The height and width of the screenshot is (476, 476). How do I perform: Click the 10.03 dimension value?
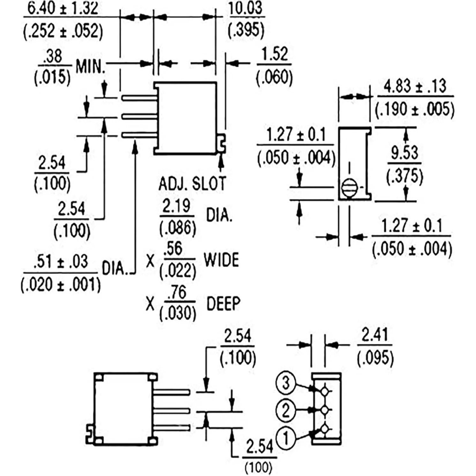pos(246,9)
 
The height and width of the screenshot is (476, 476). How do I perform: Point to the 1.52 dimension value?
pos(274,54)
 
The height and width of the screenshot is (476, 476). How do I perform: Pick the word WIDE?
pos(221,260)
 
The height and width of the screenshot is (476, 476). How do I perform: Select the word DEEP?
pos(223,303)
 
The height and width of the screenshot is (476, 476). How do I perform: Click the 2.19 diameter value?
pos(177,206)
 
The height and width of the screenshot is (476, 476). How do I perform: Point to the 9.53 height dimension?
pos(405,153)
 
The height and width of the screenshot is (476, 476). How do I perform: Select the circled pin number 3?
pos(286,383)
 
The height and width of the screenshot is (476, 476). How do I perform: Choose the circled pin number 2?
pos(286,410)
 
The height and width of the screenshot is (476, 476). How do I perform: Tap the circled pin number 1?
pos(286,438)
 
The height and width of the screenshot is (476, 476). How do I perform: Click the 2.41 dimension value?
pos(375,335)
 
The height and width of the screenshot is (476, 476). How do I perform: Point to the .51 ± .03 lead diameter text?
pos(60,262)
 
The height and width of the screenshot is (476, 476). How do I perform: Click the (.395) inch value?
pos(246,30)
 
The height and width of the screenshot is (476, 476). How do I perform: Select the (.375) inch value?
pos(405,176)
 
